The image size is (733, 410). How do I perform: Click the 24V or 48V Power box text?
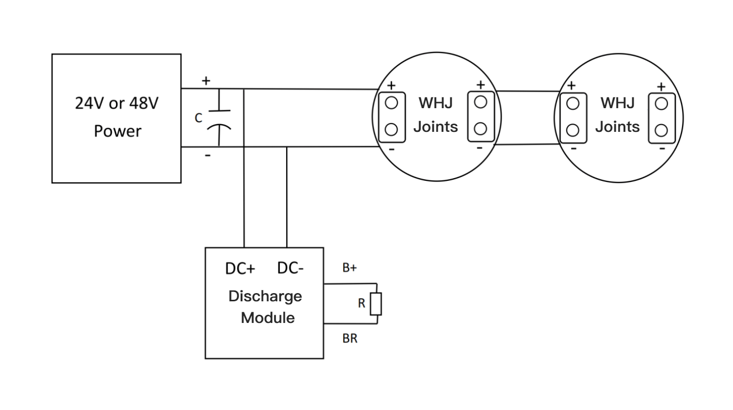coord(116,117)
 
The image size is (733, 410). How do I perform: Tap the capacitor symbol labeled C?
coord(220,118)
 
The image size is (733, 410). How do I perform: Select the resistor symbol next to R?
coord(377,304)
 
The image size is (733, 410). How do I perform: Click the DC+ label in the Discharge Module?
coord(240,269)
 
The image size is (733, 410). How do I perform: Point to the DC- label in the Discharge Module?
coord(290,268)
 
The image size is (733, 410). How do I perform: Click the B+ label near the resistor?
coord(349,268)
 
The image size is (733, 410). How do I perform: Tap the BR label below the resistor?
coord(349,338)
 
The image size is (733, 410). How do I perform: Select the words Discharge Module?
coord(265,307)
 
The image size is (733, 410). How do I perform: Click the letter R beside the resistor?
coord(361,304)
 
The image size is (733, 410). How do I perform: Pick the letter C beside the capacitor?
coord(198,118)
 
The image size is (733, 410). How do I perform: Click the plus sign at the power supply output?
coord(206,81)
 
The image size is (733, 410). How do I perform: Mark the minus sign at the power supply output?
coord(207,155)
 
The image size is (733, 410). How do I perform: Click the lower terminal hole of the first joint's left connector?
coord(391,129)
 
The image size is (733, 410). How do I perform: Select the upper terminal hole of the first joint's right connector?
coord(480,102)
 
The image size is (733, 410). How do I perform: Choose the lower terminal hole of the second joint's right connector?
coord(661,130)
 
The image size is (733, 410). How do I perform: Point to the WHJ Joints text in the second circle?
coord(618,115)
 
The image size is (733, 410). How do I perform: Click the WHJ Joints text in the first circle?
coord(436,115)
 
